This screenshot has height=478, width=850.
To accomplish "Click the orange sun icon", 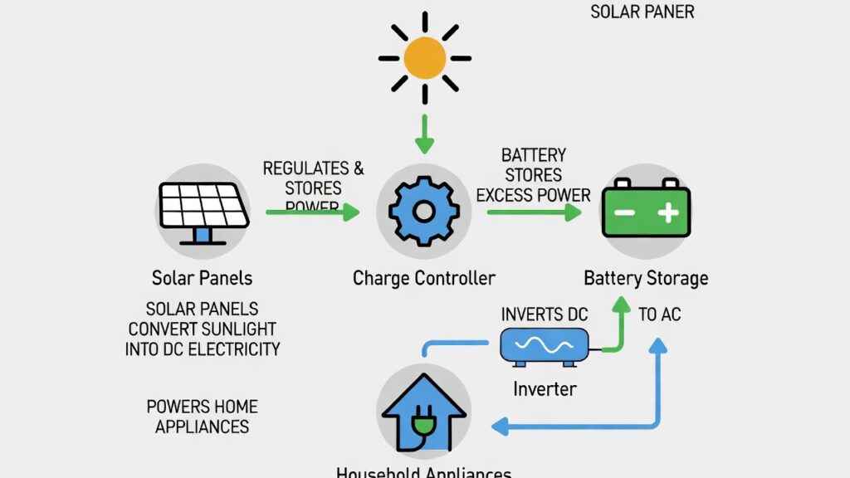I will click(x=425, y=58).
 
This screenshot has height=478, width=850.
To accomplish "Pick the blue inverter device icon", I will click(x=544, y=345).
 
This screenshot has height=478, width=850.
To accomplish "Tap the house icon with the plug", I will click(x=423, y=412).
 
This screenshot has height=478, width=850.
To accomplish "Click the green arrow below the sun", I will click(x=424, y=133).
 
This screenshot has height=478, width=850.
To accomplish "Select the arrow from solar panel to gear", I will click(x=312, y=212).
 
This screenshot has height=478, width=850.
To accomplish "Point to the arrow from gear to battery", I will click(x=534, y=212).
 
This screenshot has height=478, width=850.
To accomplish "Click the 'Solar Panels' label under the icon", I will click(x=202, y=278).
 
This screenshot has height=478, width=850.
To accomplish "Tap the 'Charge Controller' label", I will click(x=423, y=278).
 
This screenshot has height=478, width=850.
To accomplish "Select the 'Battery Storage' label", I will click(x=646, y=278).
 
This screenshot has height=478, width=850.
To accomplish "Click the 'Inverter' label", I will click(x=544, y=388).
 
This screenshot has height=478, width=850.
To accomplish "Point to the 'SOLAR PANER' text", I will click(x=642, y=12).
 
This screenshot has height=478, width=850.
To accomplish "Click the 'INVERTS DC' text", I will click(x=544, y=315).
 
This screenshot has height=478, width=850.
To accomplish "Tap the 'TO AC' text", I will click(x=660, y=315).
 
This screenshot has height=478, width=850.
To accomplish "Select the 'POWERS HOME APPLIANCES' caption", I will click(x=202, y=417).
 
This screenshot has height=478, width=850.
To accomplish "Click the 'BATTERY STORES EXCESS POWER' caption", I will click(x=534, y=175).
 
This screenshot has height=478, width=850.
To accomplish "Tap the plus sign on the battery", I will click(x=668, y=213).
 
